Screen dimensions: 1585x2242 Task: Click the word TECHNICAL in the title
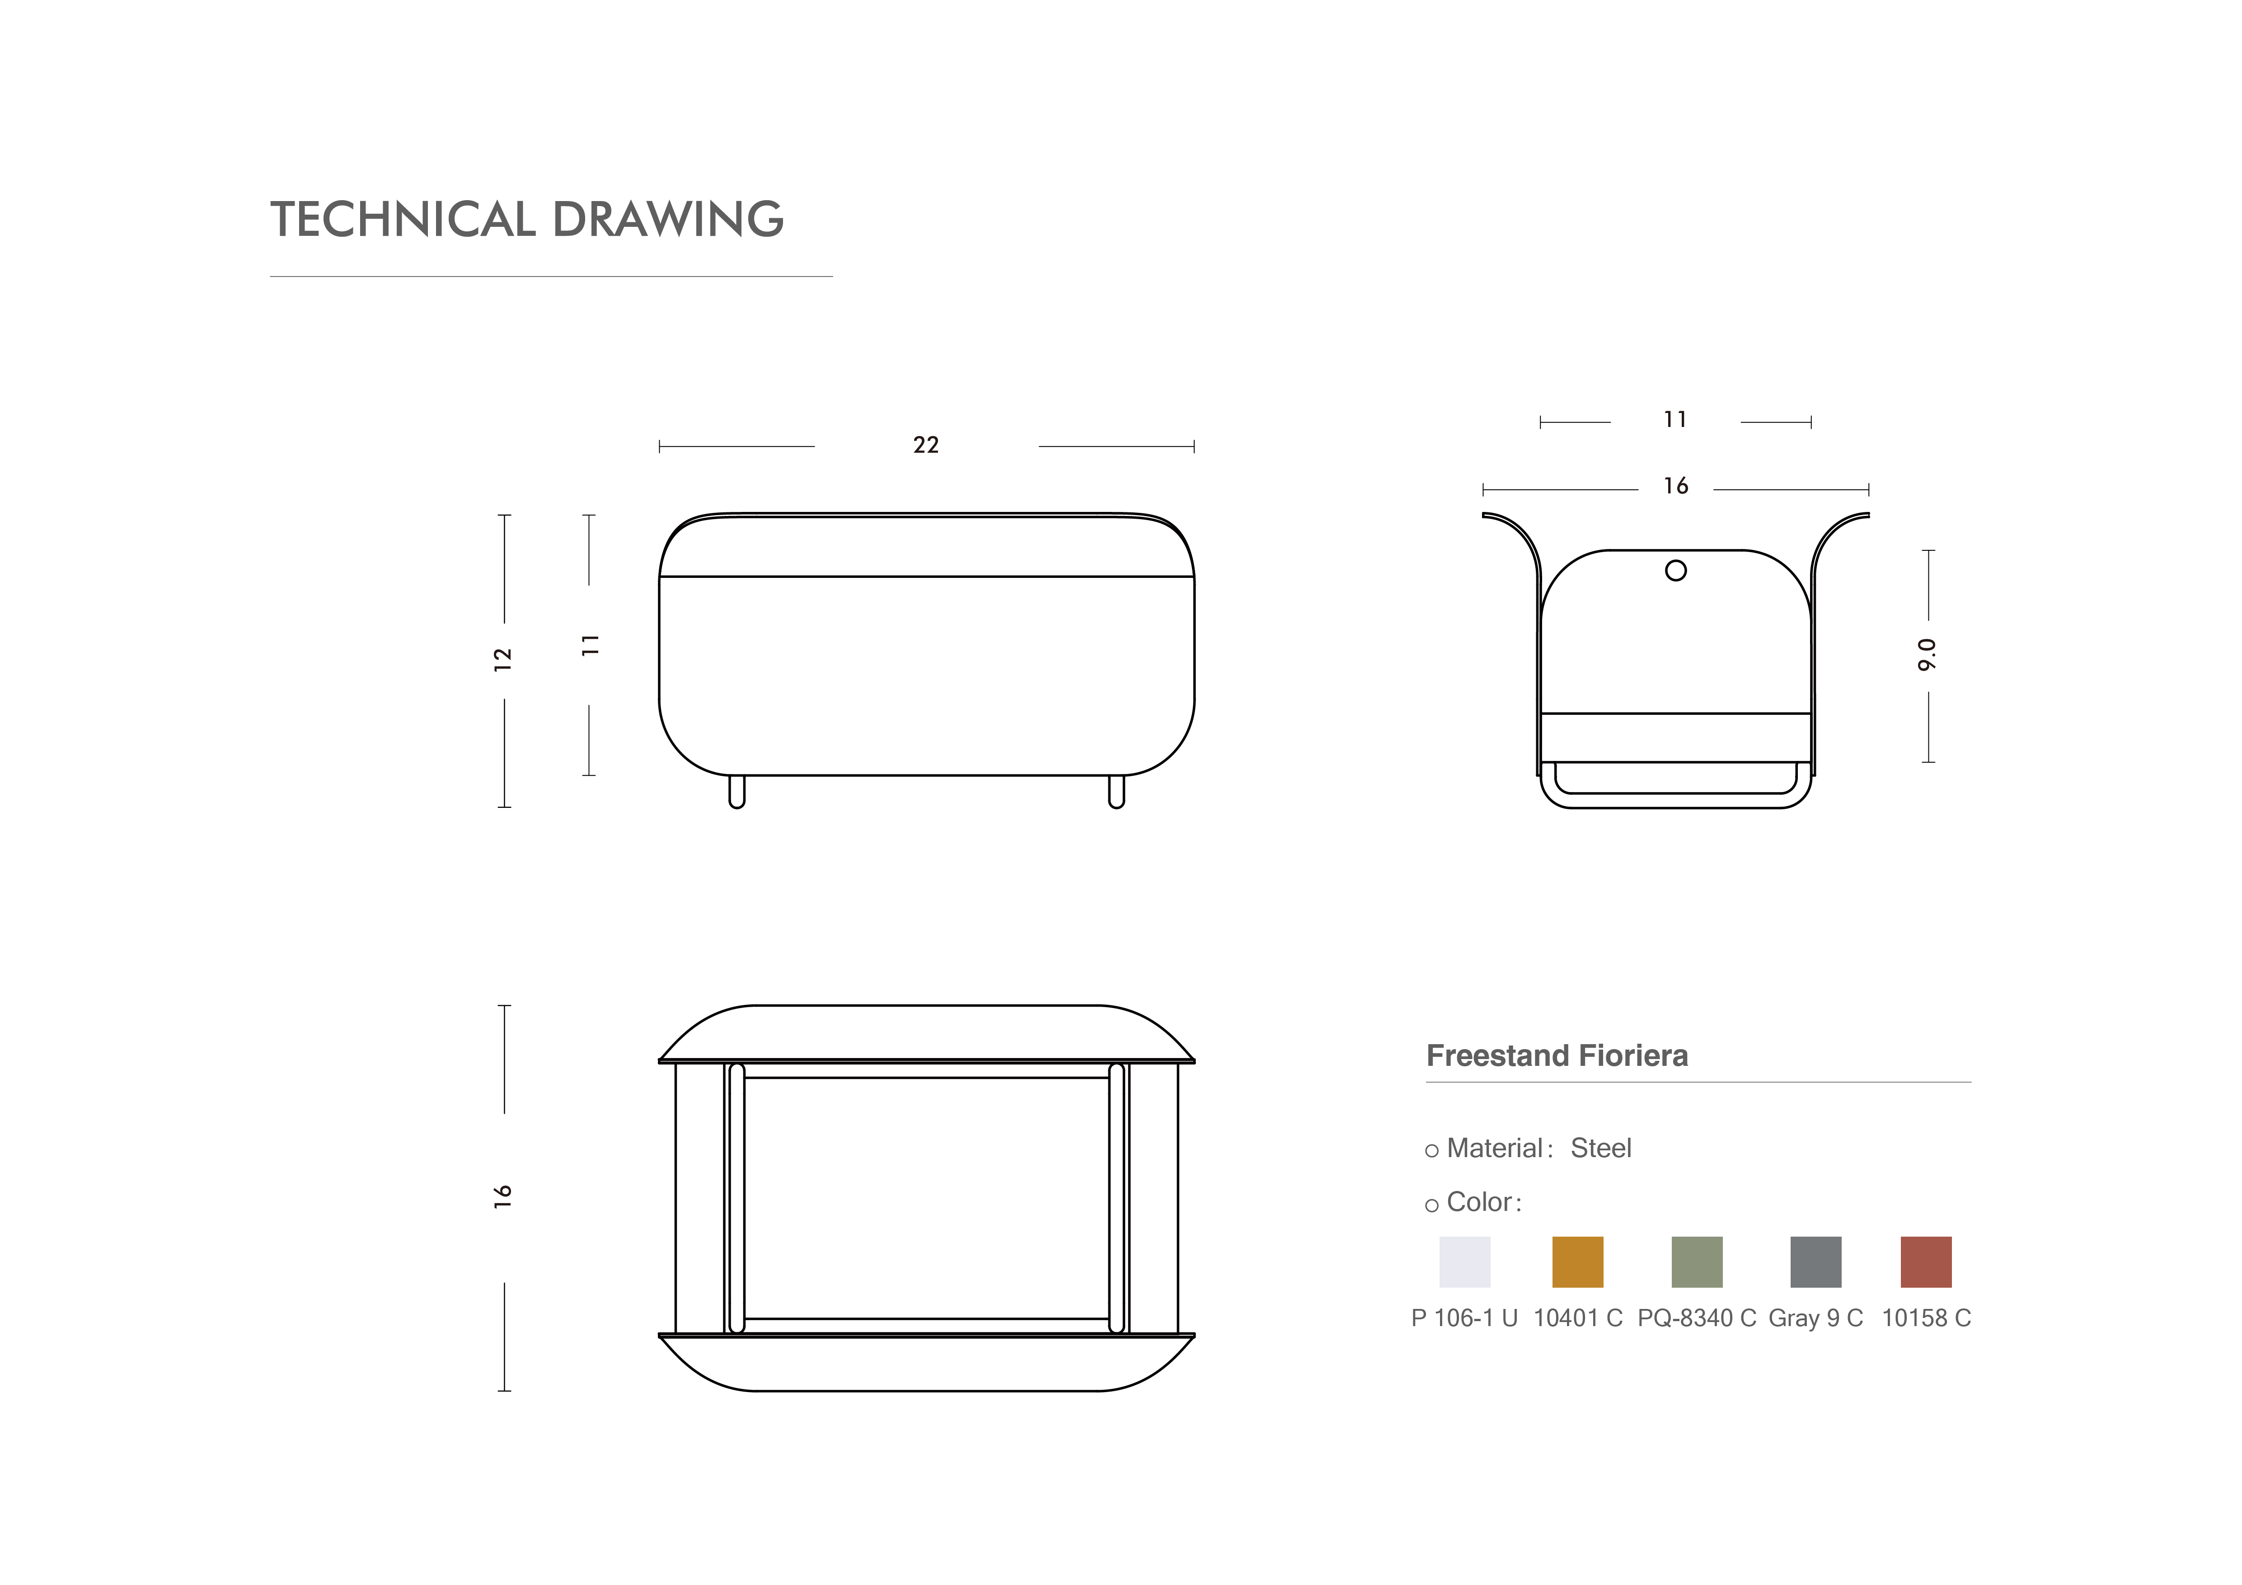402,220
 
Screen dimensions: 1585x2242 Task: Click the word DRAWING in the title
668,220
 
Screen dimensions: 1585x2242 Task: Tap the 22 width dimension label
926,445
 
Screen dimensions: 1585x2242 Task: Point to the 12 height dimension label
503,659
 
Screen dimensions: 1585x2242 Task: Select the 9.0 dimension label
1927,654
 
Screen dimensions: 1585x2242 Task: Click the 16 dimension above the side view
1676,486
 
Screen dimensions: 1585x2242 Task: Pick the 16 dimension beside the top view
503,1196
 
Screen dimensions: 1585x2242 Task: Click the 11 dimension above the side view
1676,420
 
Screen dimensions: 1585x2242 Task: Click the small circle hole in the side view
1676,570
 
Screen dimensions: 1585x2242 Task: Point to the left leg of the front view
737,791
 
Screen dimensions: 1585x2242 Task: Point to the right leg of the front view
1116,791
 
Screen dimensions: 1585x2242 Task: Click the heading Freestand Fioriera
1557,1056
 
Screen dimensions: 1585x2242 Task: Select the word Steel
1600,1149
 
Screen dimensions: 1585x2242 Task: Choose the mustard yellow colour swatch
1577,1262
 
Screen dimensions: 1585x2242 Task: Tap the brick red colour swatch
1926,1262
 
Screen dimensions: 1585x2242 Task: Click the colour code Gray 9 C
1815,1318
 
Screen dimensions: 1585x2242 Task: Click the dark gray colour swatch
1815,1262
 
